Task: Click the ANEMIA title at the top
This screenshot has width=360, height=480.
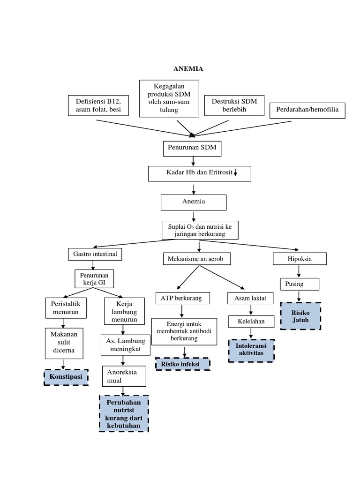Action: click(x=189, y=69)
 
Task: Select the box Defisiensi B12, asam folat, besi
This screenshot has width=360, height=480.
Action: click(x=95, y=106)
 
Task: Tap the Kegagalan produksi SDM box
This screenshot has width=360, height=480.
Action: click(x=169, y=98)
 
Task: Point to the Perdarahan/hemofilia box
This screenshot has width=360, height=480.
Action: click(x=307, y=111)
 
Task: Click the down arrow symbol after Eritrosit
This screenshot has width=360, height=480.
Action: click(x=235, y=173)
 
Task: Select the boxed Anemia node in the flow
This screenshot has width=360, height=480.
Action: click(x=194, y=202)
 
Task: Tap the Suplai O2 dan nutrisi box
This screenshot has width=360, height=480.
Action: click(x=200, y=230)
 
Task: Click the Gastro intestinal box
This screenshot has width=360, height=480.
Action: click(x=95, y=254)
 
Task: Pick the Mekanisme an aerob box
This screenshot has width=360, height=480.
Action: click(x=200, y=258)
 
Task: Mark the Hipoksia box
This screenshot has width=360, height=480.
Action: click(x=300, y=258)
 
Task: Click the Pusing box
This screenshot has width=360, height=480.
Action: click(x=300, y=284)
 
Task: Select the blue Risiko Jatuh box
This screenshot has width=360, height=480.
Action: click(x=300, y=316)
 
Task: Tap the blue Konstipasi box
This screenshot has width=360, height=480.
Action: click(x=66, y=376)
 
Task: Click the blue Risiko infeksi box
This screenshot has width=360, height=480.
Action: click(x=183, y=364)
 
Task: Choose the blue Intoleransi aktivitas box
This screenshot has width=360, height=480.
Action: click(x=251, y=351)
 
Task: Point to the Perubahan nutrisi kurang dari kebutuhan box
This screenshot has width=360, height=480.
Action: click(x=124, y=413)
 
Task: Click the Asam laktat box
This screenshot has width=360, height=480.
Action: click(x=250, y=298)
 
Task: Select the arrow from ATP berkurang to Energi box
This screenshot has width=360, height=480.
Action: click(x=182, y=311)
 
